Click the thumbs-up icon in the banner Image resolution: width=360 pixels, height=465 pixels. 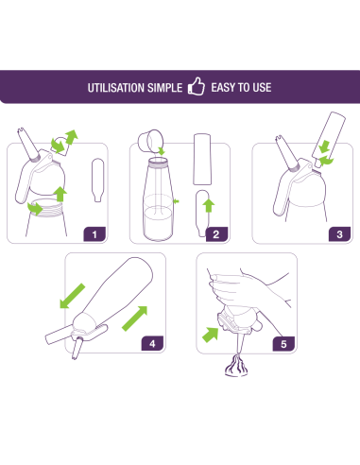tap(196, 86)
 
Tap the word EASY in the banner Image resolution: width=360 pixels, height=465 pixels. tap(223, 87)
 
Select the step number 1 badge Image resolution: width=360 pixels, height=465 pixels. tap(94, 234)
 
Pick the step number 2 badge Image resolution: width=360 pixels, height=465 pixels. tap(216, 234)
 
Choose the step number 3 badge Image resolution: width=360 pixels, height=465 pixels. tap(339, 234)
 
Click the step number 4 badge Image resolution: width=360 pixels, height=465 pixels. tap(152, 343)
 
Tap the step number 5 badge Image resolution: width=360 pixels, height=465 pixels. tap(283, 344)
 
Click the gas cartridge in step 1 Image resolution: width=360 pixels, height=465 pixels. tap(97, 180)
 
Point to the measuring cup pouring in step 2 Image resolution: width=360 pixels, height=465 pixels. tap(150, 140)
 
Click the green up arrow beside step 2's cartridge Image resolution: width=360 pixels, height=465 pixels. tap(208, 205)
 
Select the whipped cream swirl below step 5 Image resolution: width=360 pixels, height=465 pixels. tap(236, 366)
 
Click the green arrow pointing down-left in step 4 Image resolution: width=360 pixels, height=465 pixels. tap(73, 296)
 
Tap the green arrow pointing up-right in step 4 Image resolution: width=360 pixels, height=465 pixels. tap(135, 319)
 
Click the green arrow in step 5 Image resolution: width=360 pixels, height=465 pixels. tap(211, 335)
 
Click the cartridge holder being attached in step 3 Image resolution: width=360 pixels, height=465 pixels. tap(329, 138)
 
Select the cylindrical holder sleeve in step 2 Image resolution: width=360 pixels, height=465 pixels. tap(202, 159)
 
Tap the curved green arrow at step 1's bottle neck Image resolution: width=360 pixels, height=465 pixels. tap(35, 209)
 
